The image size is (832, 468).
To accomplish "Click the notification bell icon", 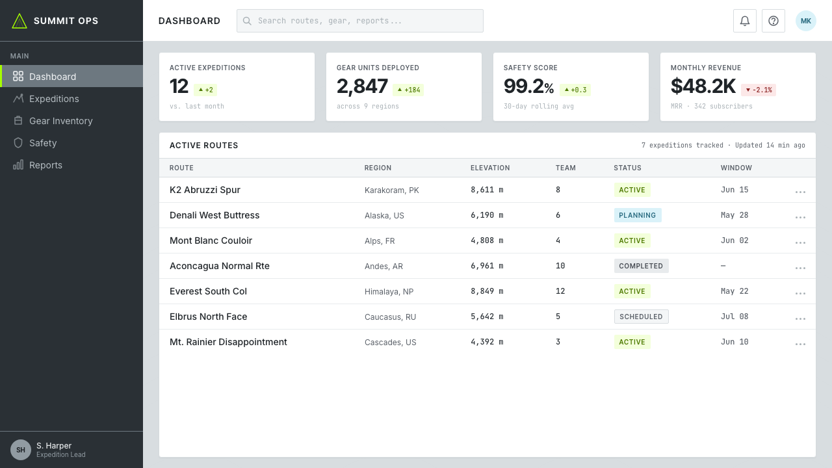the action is pos(744,21).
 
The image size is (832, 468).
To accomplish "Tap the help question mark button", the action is pos(773,21).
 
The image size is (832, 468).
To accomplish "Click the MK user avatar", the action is pos(805,21).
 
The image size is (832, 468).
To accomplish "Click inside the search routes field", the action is pos(359,21).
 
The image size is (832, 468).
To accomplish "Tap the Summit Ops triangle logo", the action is pos(19,21).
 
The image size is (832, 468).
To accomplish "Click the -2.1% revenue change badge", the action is pos(758,90).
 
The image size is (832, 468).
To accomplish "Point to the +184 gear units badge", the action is pos(408,90).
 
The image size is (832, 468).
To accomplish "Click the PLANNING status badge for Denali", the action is pos(638,215).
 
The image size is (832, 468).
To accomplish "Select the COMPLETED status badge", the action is pos(641,266).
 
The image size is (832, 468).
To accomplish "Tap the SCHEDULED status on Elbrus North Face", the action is pos(641,317).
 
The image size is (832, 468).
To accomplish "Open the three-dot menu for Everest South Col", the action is pos(800,293).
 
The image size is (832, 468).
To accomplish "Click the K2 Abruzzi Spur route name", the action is pos(205,190).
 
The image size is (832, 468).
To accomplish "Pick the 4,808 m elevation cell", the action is pos(487,240).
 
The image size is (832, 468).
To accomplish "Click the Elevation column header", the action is pos(490,168).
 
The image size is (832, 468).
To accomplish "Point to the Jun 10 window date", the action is pos(734,342).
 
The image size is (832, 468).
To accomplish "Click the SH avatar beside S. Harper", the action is pos(21,450).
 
